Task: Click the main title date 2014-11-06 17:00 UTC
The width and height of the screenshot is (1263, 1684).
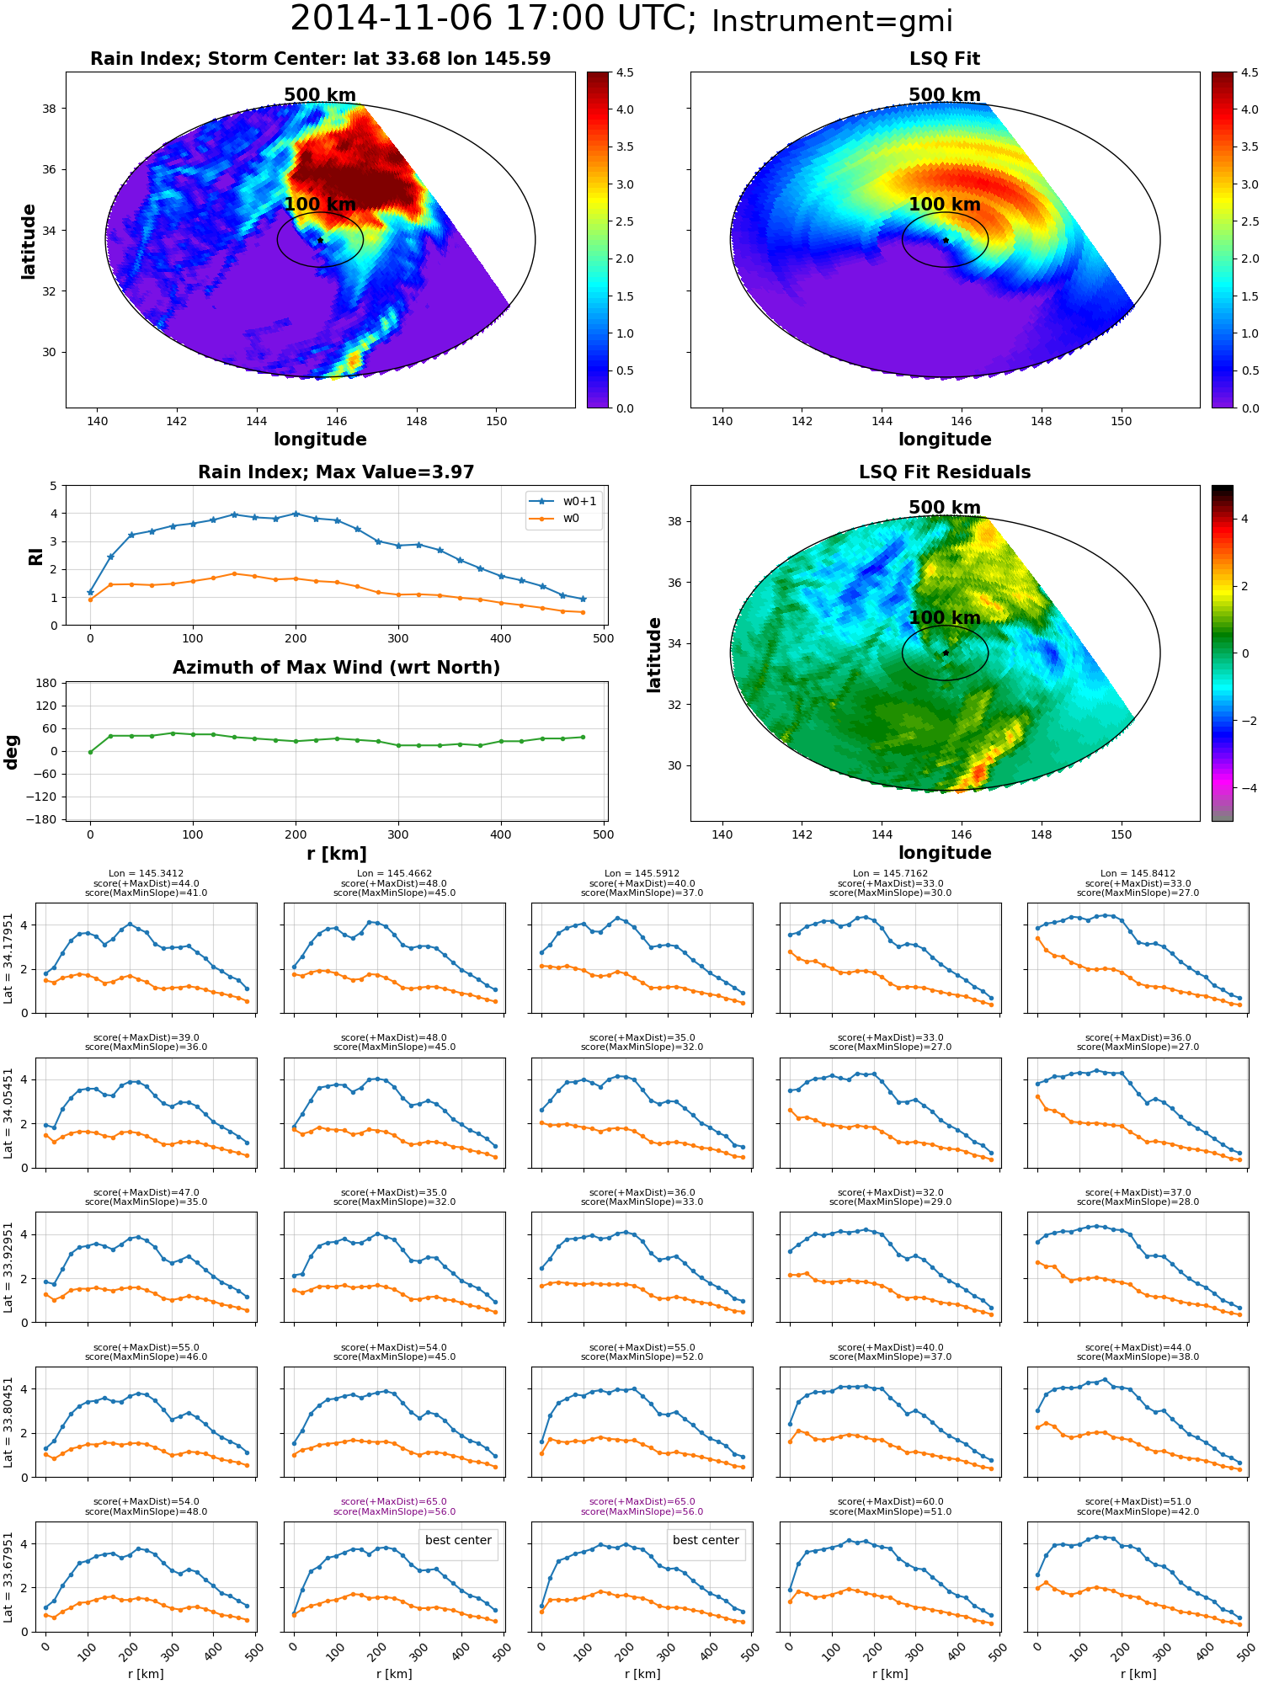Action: pyautogui.click(x=493, y=19)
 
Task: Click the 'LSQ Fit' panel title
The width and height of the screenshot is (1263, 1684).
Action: pyautogui.click(x=945, y=59)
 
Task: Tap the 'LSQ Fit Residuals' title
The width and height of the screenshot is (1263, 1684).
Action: pyautogui.click(x=945, y=472)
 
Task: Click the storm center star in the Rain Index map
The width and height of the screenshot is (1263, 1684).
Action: pyautogui.click(x=320, y=241)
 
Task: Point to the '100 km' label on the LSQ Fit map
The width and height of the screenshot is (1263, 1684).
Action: pyautogui.click(x=945, y=205)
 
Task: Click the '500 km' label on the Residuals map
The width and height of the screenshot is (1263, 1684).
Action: pyautogui.click(x=945, y=508)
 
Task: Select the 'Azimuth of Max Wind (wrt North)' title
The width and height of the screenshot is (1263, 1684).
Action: pyautogui.click(x=336, y=668)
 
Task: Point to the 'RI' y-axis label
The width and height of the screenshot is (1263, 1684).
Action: pyautogui.click(x=35, y=557)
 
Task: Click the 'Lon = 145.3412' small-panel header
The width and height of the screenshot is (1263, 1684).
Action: pyautogui.click(x=146, y=874)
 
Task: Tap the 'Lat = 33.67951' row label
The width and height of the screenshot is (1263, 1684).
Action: pyautogui.click(x=8, y=1577)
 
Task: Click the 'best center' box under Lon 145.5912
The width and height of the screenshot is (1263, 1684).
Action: pyautogui.click(x=706, y=1540)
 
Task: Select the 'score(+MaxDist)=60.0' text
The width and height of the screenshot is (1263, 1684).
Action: pyautogui.click(x=890, y=1502)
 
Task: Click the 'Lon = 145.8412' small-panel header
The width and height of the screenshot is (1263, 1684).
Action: pyautogui.click(x=1138, y=874)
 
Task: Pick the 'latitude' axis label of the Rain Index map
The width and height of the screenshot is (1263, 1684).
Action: pyautogui.click(x=29, y=241)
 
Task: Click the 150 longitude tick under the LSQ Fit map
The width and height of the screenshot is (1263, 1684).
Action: pyautogui.click(x=1122, y=421)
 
